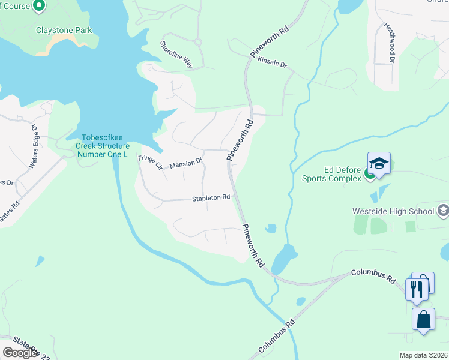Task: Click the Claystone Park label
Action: tap(64, 29)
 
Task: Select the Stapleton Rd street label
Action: tap(211, 198)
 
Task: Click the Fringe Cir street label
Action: tap(150, 161)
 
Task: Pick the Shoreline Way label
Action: tap(176, 54)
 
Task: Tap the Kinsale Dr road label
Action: tap(273, 61)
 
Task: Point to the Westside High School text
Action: tap(393, 211)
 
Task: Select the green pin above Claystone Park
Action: tap(40, 7)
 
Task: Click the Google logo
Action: tap(20, 353)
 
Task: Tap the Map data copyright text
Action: tap(424, 355)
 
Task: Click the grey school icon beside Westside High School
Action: tap(443, 211)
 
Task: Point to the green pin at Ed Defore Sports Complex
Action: tap(370, 175)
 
